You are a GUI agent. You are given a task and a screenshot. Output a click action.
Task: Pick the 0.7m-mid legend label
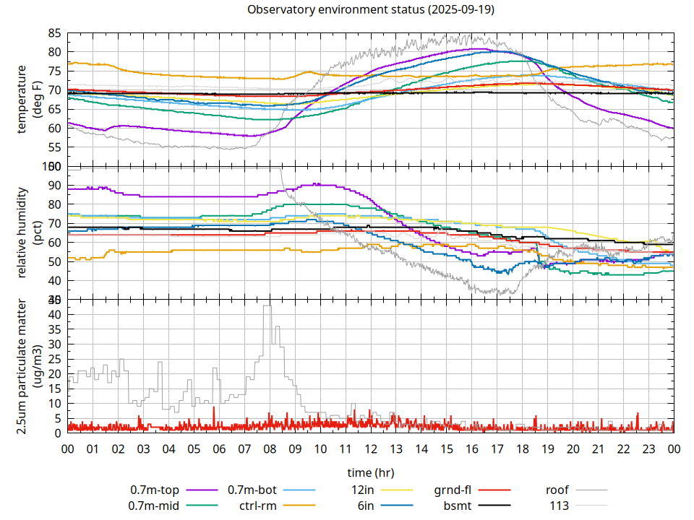[154, 506]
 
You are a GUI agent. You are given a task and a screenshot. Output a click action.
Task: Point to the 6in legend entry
[363, 506]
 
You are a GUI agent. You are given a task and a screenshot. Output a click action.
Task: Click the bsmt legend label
[457, 506]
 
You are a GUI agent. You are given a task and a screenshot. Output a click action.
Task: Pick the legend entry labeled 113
[560, 506]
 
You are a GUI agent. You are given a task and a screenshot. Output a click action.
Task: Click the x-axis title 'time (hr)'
[370, 473]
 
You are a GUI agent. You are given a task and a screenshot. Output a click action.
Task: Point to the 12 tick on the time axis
[371, 448]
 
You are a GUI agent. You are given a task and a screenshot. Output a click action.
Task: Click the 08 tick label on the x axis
[270, 448]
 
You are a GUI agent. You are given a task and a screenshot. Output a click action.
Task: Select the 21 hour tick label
[598, 448]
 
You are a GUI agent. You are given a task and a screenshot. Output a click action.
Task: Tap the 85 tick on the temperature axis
[54, 33]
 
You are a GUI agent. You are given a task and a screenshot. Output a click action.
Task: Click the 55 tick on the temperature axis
[54, 147]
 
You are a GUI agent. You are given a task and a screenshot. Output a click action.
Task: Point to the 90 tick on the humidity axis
[54, 186]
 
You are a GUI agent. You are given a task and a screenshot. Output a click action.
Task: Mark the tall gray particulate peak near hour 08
[267, 307]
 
